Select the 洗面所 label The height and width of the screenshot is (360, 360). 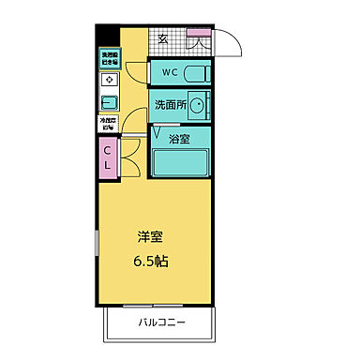pos(169,106)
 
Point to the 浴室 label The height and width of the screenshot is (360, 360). pos(179,138)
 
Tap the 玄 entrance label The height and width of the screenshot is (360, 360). pos(163,39)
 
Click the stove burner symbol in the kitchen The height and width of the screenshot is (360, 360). pos(108,81)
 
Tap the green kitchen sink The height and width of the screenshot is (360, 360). pos(108,101)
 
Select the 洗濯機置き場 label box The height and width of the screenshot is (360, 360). pos(108,58)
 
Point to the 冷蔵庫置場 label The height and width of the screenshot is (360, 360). pos(108,123)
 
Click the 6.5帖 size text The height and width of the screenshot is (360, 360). pos(150,262)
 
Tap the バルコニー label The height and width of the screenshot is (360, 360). pos(162,323)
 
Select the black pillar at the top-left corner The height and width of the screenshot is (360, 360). pos(104,37)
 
